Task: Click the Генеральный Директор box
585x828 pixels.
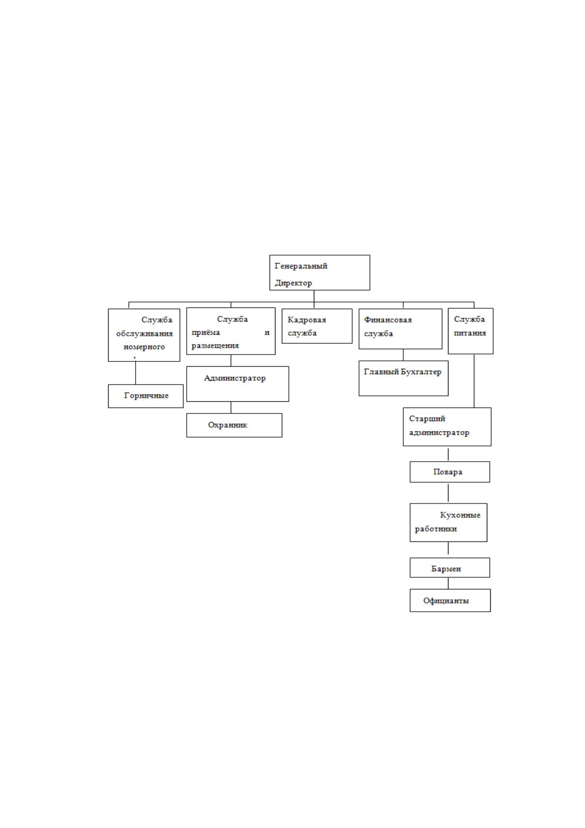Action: point(319,272)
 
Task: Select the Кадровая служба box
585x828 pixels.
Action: point(317,326)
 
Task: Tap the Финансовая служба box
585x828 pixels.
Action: point(400,328)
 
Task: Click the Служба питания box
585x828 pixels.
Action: point(471,331)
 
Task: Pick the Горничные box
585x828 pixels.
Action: point(145,396)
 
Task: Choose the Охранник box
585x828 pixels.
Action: point(234,425)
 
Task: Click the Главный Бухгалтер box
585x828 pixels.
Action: point(403,378)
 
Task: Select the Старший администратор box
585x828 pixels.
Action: point(447,427)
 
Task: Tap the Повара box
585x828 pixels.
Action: point(450,472)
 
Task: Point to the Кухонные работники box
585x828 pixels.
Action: point(448,522)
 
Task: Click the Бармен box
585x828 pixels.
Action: point(450,567)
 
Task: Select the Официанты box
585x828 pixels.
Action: point(450,600)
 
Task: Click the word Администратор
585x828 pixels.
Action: point(235,378)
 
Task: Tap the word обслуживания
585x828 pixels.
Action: point(144,334)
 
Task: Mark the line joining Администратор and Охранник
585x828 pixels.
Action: point(231,407)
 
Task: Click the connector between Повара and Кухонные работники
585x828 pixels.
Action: point(448,493)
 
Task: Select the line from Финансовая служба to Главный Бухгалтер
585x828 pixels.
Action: point(403,355)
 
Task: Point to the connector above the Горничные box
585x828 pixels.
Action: point(136,373)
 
